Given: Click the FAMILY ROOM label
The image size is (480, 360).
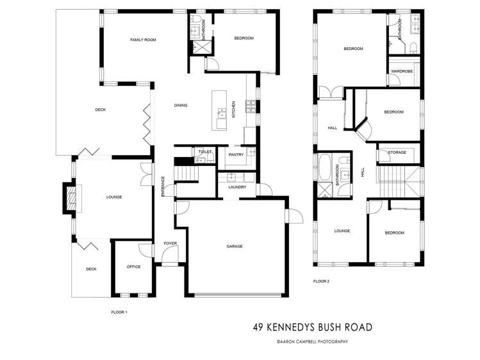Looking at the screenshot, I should point(143,40).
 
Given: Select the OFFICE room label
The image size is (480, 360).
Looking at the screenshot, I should point(133,266).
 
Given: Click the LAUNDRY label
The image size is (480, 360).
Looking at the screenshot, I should point(237,187).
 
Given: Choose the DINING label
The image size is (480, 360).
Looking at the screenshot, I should point(181,105).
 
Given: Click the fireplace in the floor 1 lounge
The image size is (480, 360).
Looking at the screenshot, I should point(69,197).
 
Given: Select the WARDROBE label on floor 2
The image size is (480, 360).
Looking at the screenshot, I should point(402,70).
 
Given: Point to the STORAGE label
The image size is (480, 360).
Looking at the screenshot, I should point(397,152).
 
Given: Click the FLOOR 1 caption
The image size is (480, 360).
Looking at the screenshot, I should point(119,312).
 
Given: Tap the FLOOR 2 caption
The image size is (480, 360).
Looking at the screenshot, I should point(321,281).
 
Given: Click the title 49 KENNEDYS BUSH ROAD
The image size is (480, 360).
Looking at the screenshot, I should point(313,327).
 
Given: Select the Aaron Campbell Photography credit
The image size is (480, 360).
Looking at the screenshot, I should point(312,342).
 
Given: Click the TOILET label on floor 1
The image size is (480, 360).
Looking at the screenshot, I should point(204,152).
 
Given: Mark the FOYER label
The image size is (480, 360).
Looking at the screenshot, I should point(170,243).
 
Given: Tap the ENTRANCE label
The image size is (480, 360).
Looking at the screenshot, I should point(163,186).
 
